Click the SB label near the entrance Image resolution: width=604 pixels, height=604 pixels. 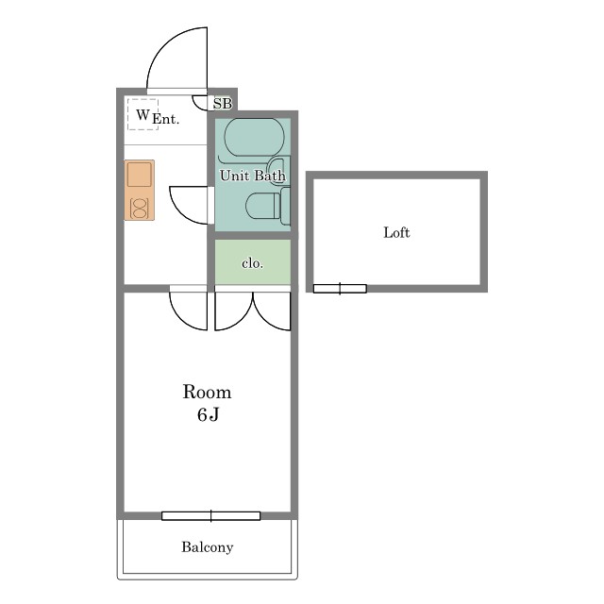pyautogui.click(x=223, y=103)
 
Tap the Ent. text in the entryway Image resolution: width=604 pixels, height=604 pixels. pyautogui.click(x=166, y=119)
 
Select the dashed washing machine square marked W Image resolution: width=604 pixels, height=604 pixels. pyautogui.click(x=143, y=114)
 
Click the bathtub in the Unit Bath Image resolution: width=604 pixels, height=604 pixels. pyautogui.click(x=254, y=137)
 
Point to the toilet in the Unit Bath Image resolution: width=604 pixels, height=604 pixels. pyautogui.click(x=267, y=206)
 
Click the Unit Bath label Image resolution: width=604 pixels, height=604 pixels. pyautogui.click(x=253, y=176)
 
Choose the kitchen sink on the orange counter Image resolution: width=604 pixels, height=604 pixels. pyautogui.click(x=140, y=175)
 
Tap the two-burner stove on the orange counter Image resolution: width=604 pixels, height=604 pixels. pyautogui.click(x=139, y=209)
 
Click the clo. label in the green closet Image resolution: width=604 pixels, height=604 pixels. pyautogui.click(x=252, y=263)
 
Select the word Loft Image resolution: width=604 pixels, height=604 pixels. pyautogui.click(x=396, y=232)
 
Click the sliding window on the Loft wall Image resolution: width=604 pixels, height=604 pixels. pyautogui.click(x=340, y=289)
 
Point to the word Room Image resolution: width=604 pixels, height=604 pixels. pyautogui.click(x=208, y=393)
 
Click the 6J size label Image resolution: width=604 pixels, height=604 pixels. pyautogui.click(x=208, y=414)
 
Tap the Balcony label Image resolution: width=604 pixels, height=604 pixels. pyautogui.click(x=208, y=547)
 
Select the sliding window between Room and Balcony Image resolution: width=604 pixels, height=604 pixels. pyautogui.click(x=211, y=516)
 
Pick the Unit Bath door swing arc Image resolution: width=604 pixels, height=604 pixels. pyautogui.click(x=180, y=210)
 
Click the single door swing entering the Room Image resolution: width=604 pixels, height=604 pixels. pyautogui.click(x=180, y=318)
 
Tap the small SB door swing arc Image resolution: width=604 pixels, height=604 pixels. pyautogui.click(x=196, y=107)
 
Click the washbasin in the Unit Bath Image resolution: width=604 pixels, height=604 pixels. pyautogui.click(x=278, y=170)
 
